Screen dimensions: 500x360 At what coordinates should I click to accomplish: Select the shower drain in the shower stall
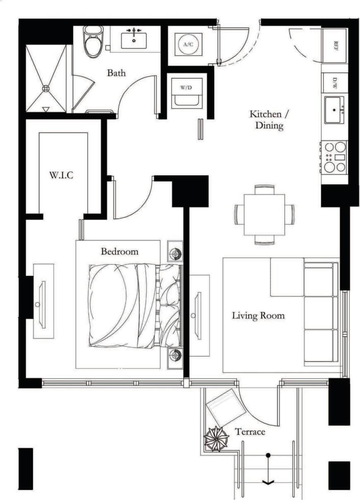click(46, 88)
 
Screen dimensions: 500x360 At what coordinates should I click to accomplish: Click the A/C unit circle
click(188, 44)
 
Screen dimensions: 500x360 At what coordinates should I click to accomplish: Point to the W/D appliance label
click(187, 88)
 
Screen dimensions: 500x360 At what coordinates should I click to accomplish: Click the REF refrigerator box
click(335, 45)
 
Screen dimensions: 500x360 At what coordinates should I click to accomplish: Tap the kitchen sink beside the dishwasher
click(334, 110)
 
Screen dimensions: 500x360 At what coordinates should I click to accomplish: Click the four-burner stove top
click(334, 157)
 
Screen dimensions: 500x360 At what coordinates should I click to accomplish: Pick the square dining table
click(264, 214)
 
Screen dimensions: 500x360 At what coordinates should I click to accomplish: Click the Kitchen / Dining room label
click(266, 120)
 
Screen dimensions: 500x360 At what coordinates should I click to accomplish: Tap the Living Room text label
click(258, 316)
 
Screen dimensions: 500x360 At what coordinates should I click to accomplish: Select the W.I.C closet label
click(61, 175)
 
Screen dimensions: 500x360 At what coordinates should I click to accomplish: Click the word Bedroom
click(120, 251)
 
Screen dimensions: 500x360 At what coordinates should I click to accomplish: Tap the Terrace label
click(250, 432)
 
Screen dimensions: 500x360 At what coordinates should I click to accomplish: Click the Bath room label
click(116, 73)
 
